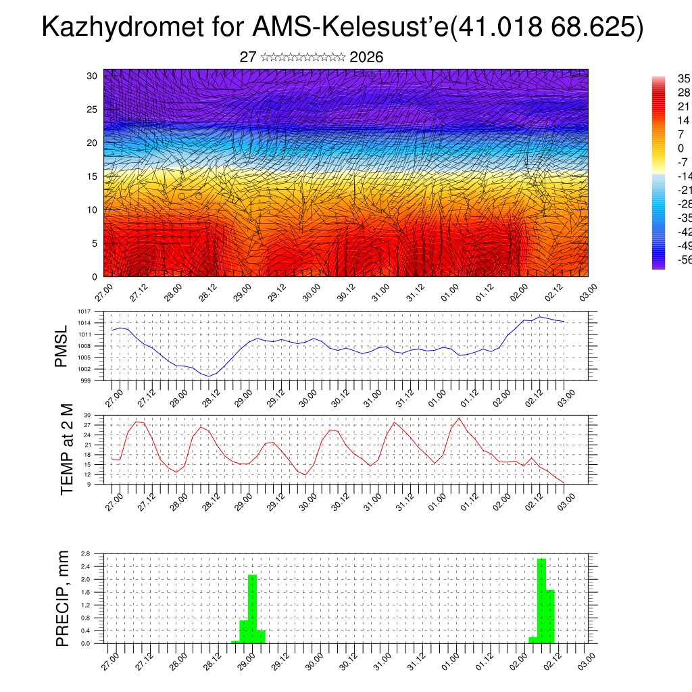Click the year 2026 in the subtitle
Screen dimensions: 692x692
367,57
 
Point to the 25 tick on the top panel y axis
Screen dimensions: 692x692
93,109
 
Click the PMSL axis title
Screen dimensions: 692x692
61,346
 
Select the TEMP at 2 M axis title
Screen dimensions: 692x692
67,449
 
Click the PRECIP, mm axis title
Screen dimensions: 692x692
63,598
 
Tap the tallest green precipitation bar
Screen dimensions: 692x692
541,600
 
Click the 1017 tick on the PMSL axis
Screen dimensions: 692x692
84,312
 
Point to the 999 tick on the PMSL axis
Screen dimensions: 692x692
86,380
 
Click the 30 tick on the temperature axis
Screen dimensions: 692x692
87,415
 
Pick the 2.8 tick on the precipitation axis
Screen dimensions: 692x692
86,553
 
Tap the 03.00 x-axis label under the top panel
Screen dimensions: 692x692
588,292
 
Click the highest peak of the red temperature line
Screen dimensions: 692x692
460,418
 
